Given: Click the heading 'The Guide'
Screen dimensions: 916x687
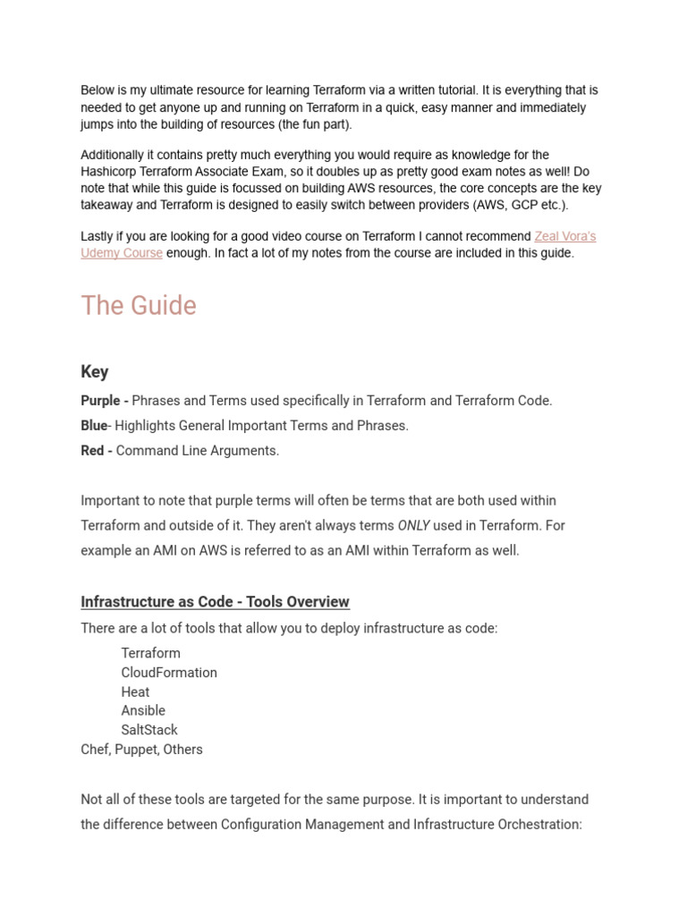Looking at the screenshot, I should click(x=139, y=306).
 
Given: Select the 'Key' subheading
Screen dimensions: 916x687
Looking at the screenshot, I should click(x=95, y=372).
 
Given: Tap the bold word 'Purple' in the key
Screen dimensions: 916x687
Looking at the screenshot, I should click(x=100, y=401).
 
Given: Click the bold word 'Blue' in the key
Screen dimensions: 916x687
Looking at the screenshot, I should click(x=93, y=426).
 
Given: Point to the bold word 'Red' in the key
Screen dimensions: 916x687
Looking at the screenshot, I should click(x=92, y=451).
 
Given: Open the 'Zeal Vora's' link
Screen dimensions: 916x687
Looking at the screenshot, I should click(x=564, y=236).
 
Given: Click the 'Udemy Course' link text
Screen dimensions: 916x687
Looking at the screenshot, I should click(x=122, y=253).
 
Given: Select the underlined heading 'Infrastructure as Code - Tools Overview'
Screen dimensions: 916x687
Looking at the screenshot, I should click(x=215, y=602).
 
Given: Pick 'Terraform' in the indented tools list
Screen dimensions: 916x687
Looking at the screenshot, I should click(x=151, y=653).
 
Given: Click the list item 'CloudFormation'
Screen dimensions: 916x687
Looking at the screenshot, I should click(x=169, y=673).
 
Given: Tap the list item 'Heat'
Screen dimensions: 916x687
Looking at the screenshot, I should click(x=136, y=692).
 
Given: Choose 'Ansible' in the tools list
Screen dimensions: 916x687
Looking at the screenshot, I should click(x=144, y=711).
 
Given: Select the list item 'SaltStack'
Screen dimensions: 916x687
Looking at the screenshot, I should click(x=149, y=731).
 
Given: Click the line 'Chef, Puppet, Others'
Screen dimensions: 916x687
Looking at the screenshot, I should click(x=141, y=750).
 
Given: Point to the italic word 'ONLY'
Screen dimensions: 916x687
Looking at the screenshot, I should click(x=414, y=526).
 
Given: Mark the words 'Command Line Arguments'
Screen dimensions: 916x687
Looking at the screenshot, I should click(x=198, y=451).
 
